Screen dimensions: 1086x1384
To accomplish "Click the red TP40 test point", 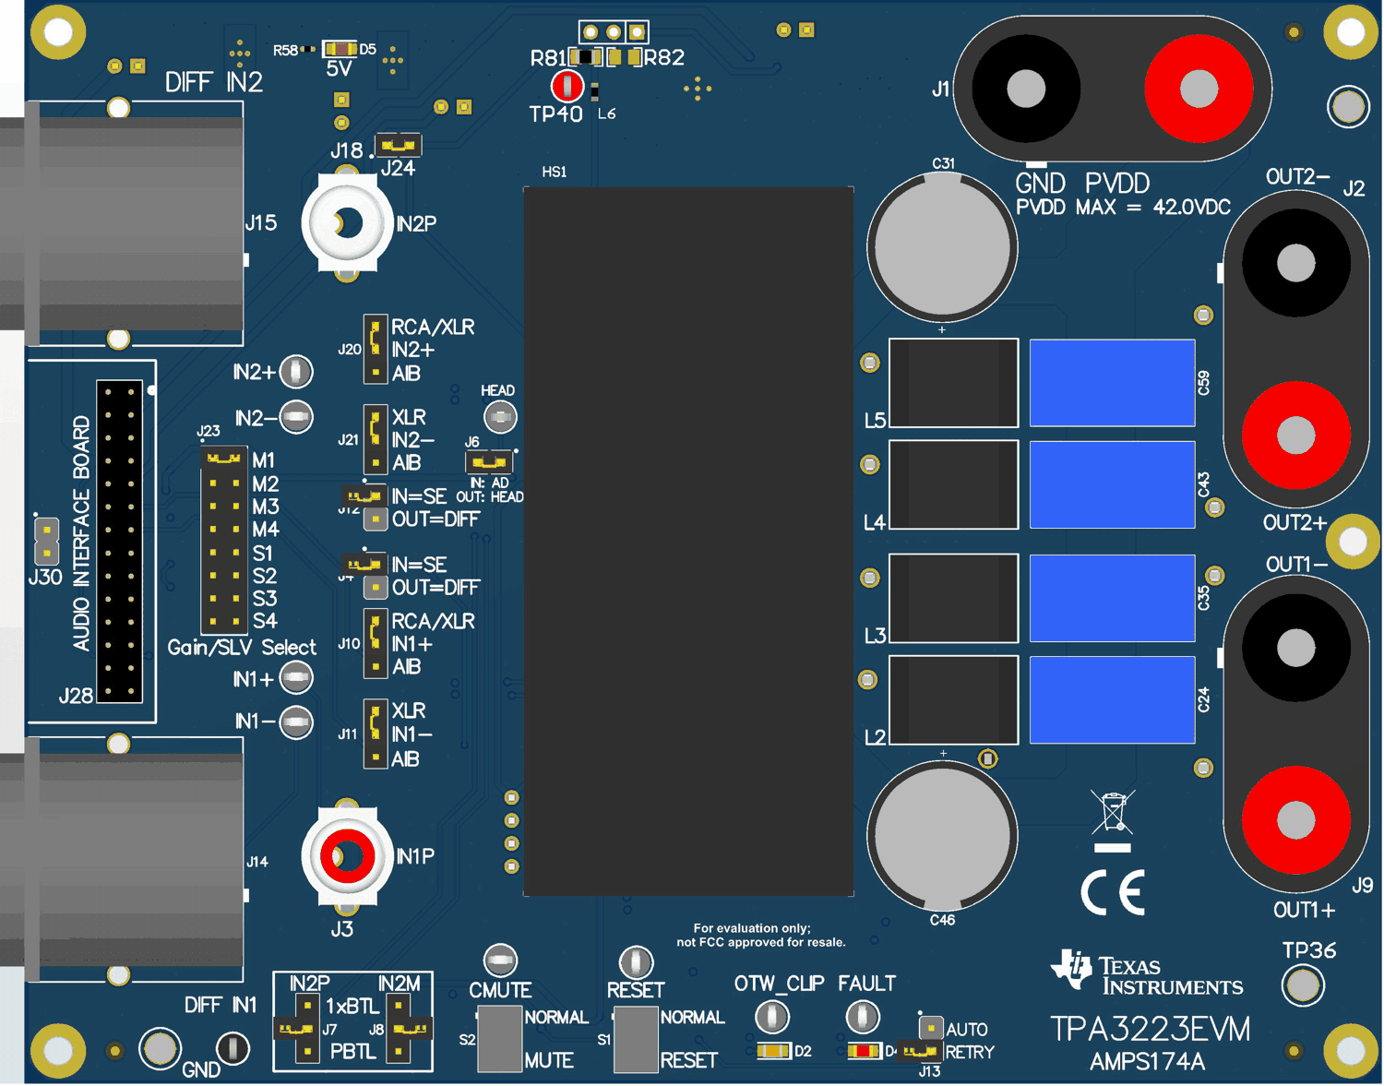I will pyautogui.click(x=567, y=86).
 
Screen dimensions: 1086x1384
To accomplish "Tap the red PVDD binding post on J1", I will pyautogui.click(x=1199, y=90).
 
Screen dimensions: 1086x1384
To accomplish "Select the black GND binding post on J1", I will pyautogui.click(x=1026, y=90).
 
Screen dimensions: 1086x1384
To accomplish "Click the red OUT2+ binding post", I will pyautogui.click(x=1295, y=435).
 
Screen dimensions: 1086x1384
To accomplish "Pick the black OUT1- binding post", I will pyautogui.click(x=1295, y=649).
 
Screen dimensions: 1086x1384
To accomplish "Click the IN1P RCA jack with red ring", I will pyautogui.click(x=347, y=856).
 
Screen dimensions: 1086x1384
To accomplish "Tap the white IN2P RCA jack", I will pyautogui.click(x=347, y=222).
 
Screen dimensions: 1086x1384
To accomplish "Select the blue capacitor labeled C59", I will pyautogui.click(x=1112, y=383).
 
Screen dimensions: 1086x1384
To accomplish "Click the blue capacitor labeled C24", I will pyautogui.click(x=1112, y=699).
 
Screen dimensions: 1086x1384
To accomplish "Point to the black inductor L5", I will pyautogui.click(x=953, y=383).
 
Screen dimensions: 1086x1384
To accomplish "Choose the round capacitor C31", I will pyautogui.click(x=942, y=246).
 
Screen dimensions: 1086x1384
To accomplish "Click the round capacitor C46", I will pyautogui.click(x=942, y=835).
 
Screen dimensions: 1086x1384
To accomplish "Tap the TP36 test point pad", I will pyautogui.click(x=1303, y=985).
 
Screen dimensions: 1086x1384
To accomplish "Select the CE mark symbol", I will pyautogui.click(x=1113, y=892).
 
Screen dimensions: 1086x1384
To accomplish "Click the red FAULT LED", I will pyautogui.click(x=864, y=1051).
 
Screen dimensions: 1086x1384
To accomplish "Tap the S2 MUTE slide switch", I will pyautogui.click(x=499, y=1038).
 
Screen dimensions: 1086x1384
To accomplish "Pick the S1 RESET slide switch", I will pyautogui.click(x=636, y=1038).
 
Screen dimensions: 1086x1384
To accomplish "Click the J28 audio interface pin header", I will pyautogui.click(x=120, y=541).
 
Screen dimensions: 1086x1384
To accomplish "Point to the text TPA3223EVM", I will pyautogui.click(x=1151, y=1029).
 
